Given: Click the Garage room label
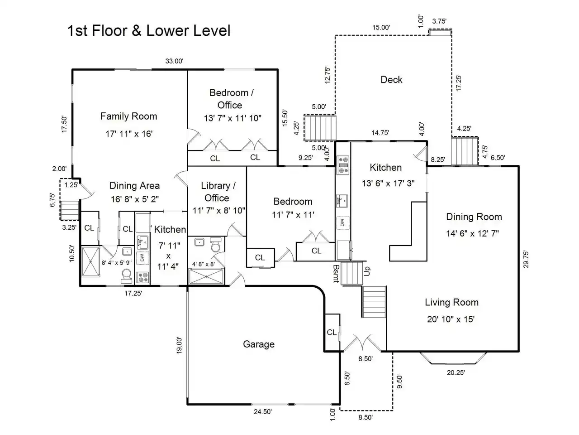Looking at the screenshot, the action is [258, 344].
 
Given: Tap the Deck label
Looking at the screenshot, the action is [391, 80].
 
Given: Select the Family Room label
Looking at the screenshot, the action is [129, 116].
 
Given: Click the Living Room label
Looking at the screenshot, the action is [451, 302].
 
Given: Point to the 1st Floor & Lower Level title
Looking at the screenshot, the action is [149, 31].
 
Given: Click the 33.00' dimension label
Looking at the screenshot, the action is [174, 61].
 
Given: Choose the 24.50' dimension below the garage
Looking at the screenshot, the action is [263, 412].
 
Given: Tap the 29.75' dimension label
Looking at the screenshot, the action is [526, 259].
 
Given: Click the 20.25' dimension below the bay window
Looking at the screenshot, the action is [456, 372].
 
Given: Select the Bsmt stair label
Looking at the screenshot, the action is [336, 274].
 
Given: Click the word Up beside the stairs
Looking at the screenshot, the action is [367, 271].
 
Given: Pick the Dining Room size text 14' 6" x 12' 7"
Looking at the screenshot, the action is [472, 233].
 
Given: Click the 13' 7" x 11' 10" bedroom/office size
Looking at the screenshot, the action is [233, 118].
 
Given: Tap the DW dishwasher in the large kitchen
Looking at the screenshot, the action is [343, 223].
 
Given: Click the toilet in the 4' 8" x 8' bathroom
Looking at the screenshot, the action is [216, 245].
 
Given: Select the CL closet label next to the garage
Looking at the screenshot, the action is [332, 332].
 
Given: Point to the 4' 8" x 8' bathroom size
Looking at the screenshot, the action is [204, 264].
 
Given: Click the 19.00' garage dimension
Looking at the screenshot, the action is [180, 345].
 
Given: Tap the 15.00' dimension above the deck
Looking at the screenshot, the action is [381, 28].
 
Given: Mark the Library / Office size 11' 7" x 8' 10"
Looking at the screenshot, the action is [218, 211].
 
